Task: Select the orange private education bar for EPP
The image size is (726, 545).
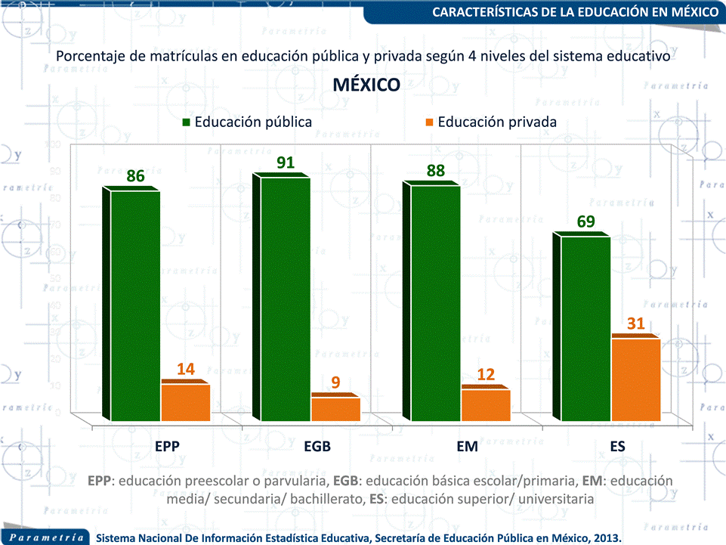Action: coord(186,402)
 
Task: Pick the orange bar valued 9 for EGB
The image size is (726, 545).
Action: coord(335,408)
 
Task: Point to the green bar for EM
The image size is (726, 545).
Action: coord(435,302)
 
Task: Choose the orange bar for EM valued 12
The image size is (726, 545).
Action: coord(486,404)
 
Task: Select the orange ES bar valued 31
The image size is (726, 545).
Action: coord(635,379)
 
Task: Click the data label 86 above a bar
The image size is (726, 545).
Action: coord(135,176)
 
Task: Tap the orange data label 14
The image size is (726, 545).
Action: coord(186,370)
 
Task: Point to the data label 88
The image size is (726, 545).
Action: coord(436,171)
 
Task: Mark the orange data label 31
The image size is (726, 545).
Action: coord(636,324)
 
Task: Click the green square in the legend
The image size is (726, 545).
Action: coord(187,122)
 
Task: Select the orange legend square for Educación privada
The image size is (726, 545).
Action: coord(430,122)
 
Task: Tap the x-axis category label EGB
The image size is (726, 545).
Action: coord(317,447)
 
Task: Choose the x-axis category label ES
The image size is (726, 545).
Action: coord(618,447)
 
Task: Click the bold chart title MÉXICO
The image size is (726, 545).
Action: coord(366,85)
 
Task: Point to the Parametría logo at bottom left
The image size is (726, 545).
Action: coord(47,537)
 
